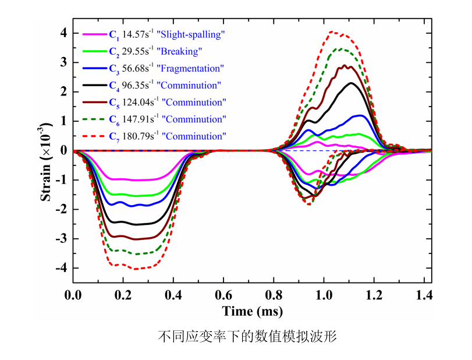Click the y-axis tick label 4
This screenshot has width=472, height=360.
tap(62, 33)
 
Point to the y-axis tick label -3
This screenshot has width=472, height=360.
tap(61, 239)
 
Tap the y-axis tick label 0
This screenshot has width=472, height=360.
tap(62, 151)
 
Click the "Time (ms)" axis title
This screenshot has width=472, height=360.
tap(253, 311)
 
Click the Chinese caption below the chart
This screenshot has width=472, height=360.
tap(248, 337)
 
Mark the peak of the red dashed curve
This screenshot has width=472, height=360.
tap(332, 31)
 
